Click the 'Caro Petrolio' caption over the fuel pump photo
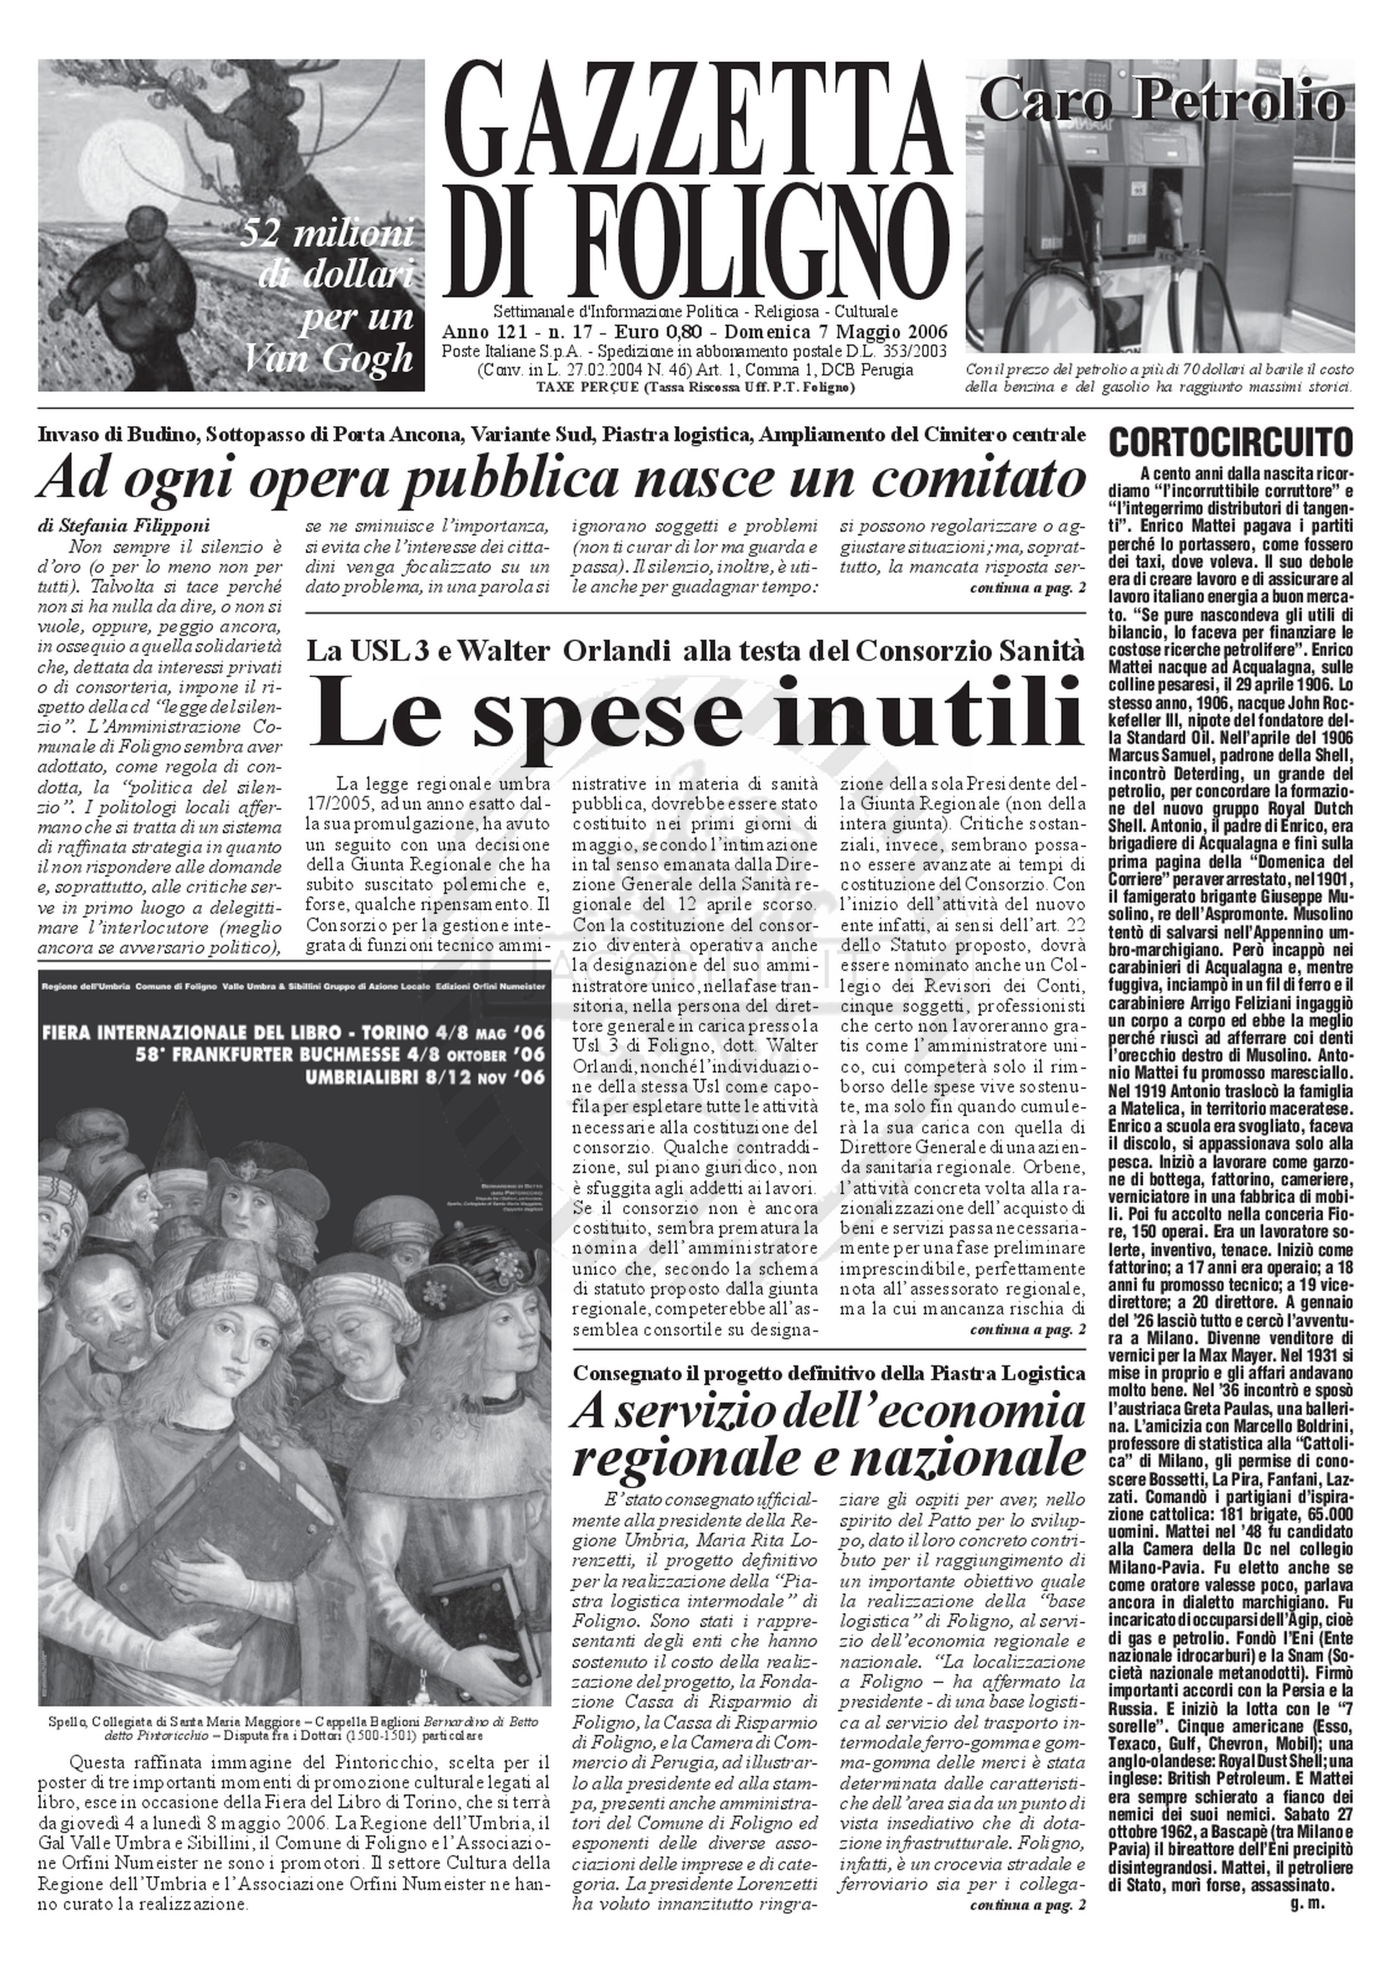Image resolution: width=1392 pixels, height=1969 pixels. [x=1161, y=103]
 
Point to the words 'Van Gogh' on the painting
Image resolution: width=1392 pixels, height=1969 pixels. [x=329, y=359]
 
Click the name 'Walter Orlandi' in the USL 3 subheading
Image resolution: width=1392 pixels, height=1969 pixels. [x=563, y=651]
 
